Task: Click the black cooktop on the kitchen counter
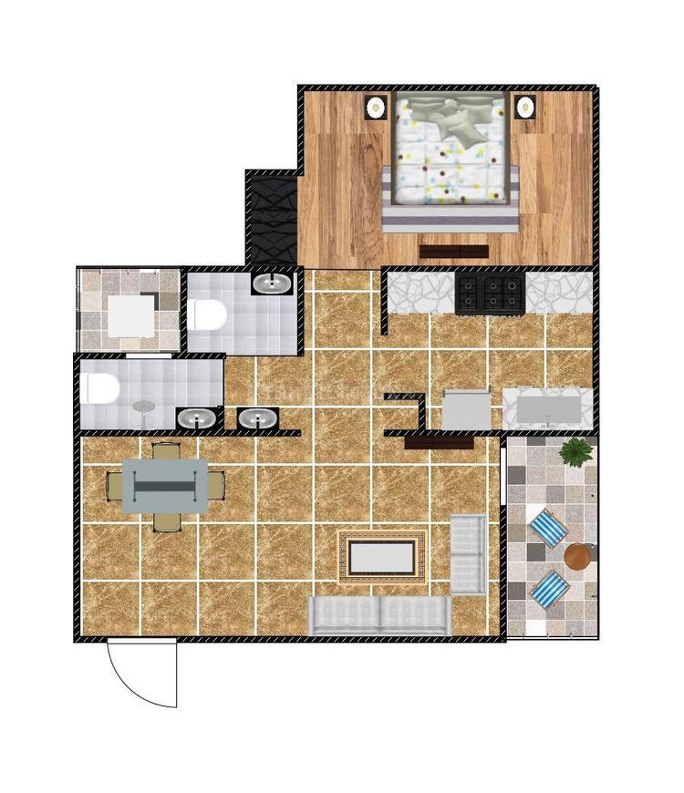[490, 294]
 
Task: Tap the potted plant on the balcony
[576, 450]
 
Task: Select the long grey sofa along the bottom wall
[379, 616]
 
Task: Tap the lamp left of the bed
[375, 107]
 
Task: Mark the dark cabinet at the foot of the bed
[453, 251]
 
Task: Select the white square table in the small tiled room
[130, 315]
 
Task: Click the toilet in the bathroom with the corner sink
[209, 315]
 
